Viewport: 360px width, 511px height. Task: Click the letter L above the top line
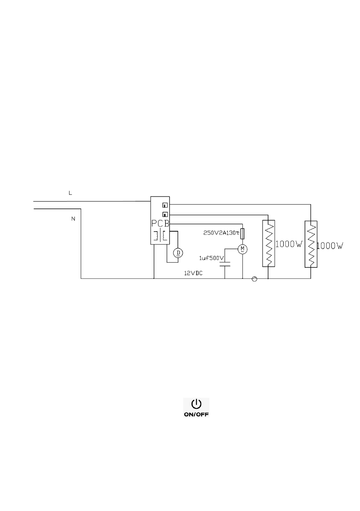click(x=71, y=194)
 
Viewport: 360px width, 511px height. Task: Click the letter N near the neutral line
click(x=73, y=219)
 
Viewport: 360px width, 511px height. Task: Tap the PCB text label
click(x=160, y=224)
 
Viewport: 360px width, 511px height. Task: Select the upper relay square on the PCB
click(x=164, y=204)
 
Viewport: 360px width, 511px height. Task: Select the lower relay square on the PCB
click(x=164, y=214)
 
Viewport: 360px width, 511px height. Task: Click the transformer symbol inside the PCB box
click(x=160, y=236)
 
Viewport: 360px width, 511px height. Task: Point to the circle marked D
click(x=178, y=253)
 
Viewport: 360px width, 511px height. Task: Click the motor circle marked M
click(x=242, y=249)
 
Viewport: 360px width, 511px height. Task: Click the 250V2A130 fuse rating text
click(x=221, y=233)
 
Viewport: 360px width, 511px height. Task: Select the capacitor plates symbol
click(x=225, y=266)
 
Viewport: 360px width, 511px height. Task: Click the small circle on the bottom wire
click(x=254, y=279)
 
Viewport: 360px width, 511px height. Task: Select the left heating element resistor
click(x=268, y=244)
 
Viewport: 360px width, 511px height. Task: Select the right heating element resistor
click(x=311, y=244)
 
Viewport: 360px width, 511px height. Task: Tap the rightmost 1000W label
click(x=330, y=246)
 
